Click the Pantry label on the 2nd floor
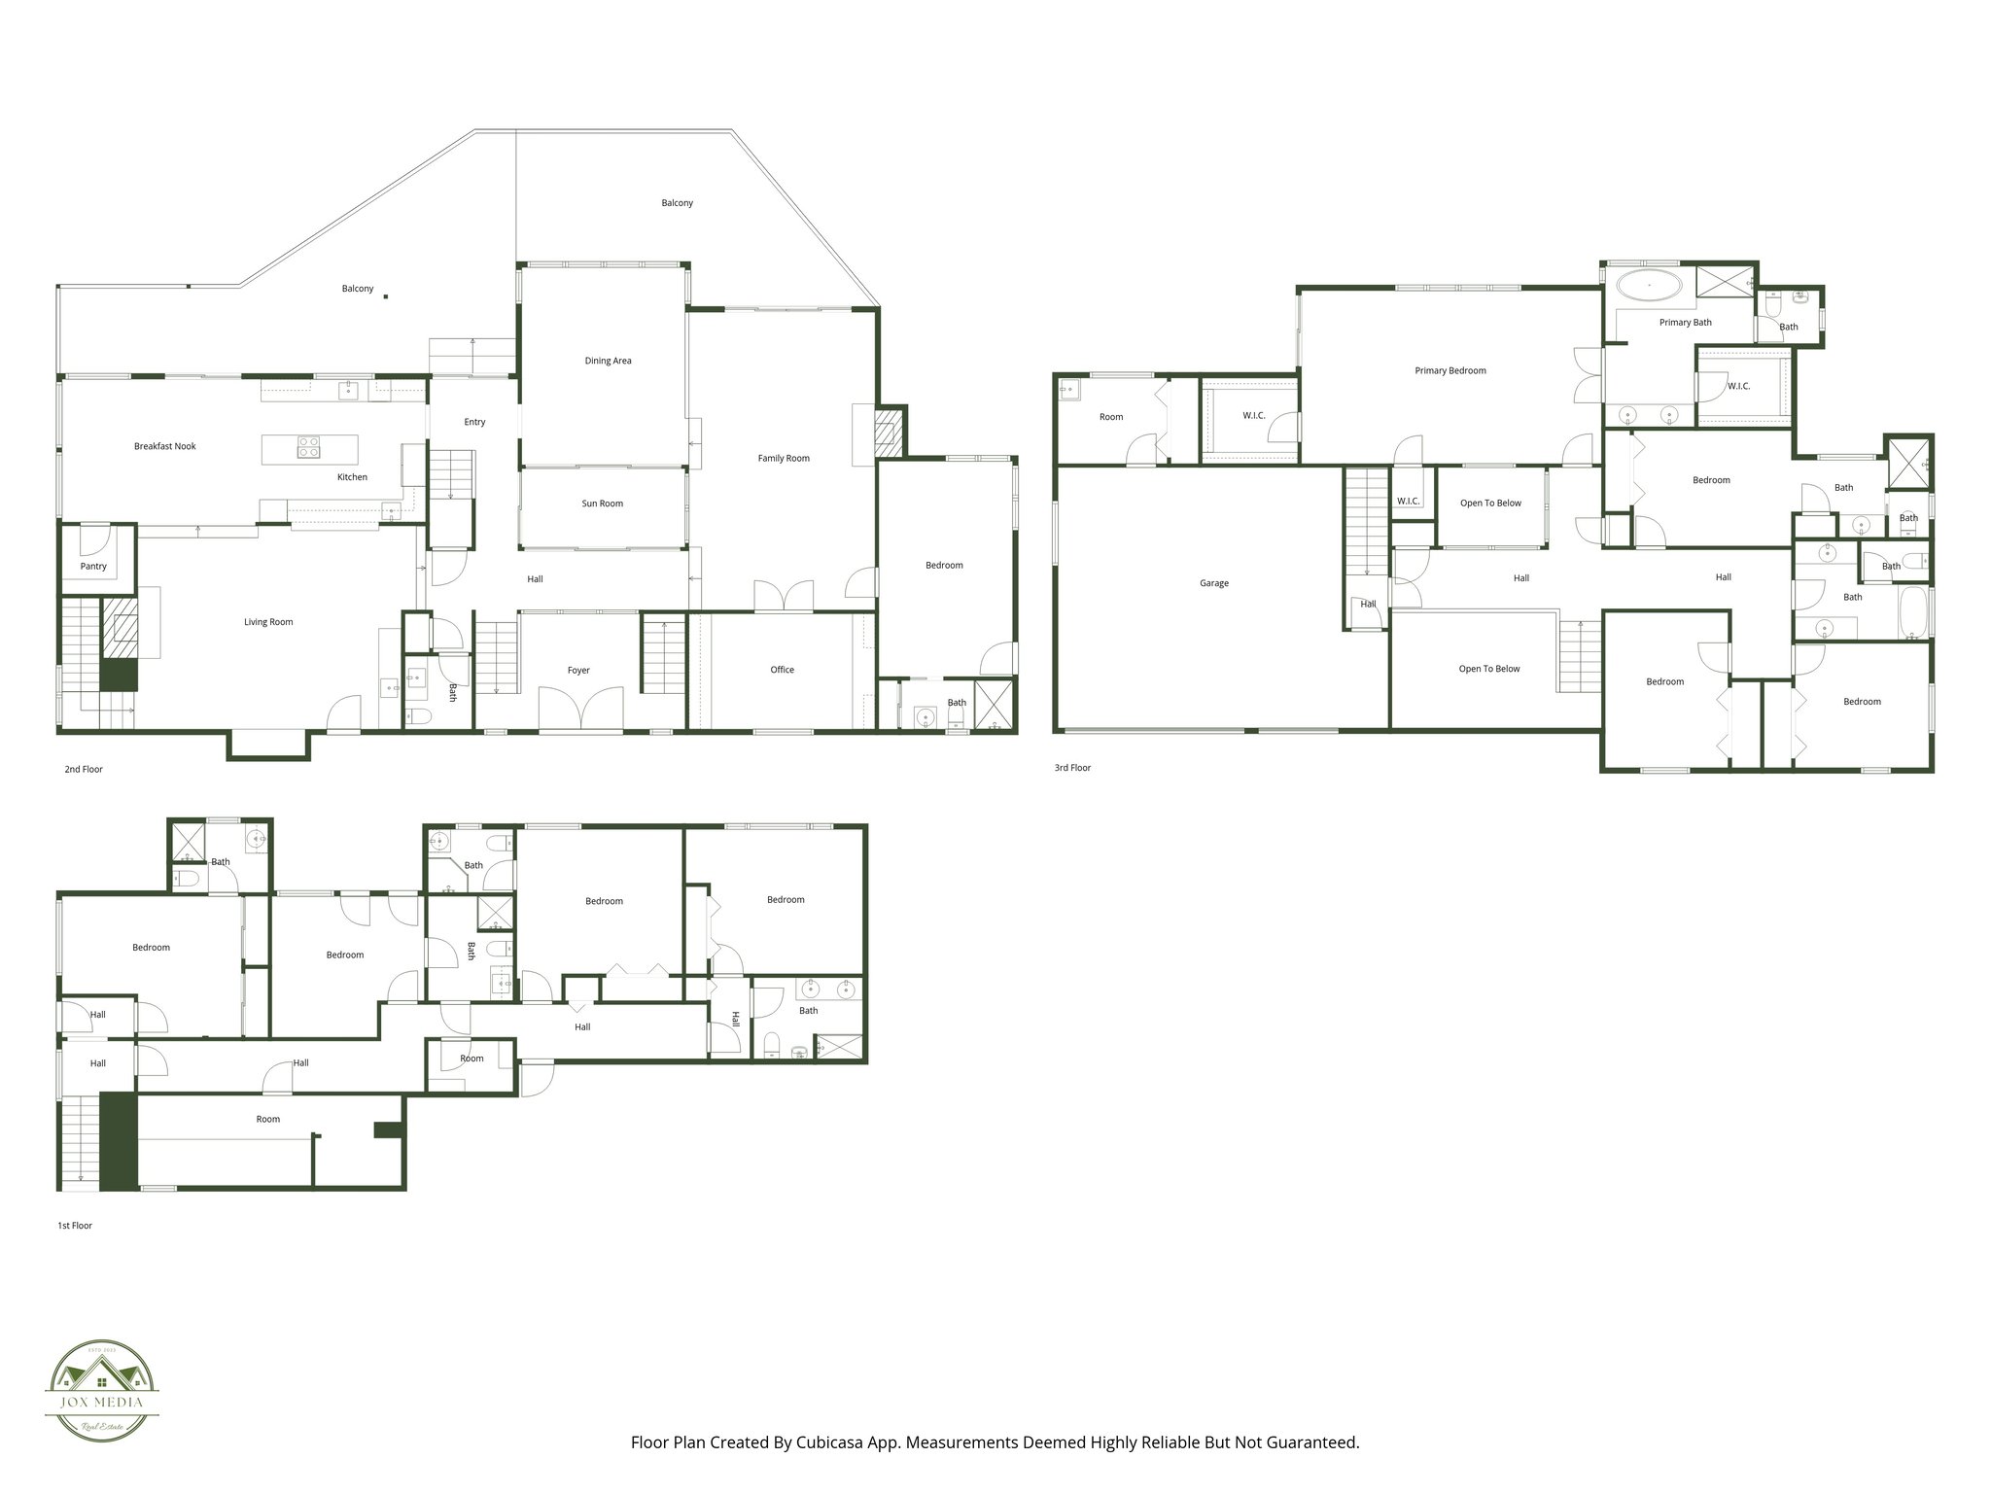(x=93, y=567)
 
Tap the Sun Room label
(x=603, y=503)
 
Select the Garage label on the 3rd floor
(x=1214, y=583)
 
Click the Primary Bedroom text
(x=1450, y=370)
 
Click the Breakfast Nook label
(x=165, y=446)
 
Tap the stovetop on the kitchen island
(x=308, y=448)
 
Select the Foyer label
(x=578, y=670)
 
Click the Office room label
(x=782, y=670)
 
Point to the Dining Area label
(x=608, y=361)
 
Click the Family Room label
(x=784, y=458)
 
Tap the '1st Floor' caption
(x=75, y=1226)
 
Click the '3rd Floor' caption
(x=1072, y=768)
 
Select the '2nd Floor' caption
(x=84, y=770)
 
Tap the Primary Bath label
(x=1685, y=323)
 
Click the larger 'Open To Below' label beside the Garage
(x=1488, y=669)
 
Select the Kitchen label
(x=352, y=477)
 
